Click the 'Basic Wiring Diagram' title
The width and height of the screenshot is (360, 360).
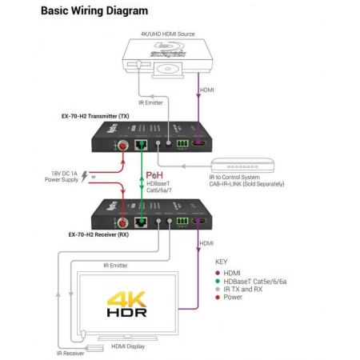94,11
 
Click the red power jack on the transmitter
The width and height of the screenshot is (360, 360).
124,146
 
